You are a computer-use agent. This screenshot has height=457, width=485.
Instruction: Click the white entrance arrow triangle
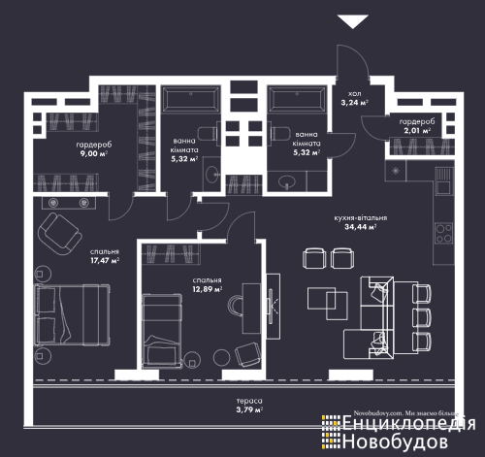(352, 21)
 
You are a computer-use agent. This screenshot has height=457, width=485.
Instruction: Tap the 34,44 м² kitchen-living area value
(360, 227)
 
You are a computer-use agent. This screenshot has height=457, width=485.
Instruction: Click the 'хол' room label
(355, 94)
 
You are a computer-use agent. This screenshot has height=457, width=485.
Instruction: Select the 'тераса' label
(249, 401)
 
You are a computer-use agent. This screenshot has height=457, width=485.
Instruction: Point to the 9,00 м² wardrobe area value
(94, 153)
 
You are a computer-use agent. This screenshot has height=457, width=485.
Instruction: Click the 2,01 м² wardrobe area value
(417, 131)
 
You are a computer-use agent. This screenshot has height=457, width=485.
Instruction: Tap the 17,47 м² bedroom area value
(105, 260)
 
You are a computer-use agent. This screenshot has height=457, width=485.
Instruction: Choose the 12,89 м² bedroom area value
(208, 289)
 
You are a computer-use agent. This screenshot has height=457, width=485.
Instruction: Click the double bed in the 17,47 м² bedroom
(72, 314)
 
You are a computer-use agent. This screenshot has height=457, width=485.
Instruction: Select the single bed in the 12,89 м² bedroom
(162, 330)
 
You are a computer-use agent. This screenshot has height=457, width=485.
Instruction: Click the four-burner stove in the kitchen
(444, 234)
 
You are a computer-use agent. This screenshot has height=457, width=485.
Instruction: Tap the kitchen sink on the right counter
(444, 180)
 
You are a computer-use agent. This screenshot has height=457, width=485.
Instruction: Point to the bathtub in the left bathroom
(191, 99)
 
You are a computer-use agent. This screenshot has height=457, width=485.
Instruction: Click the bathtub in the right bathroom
(297, 99)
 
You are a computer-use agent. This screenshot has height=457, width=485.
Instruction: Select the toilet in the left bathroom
(208, 133)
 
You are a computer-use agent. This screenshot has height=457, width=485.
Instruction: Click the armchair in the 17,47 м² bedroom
(60, 234)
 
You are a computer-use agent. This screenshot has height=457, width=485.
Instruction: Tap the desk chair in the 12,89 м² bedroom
(236, 306)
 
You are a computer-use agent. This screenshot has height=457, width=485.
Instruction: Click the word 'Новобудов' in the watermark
(395, 441)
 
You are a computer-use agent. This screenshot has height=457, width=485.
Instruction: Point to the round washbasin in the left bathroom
(211, 175)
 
